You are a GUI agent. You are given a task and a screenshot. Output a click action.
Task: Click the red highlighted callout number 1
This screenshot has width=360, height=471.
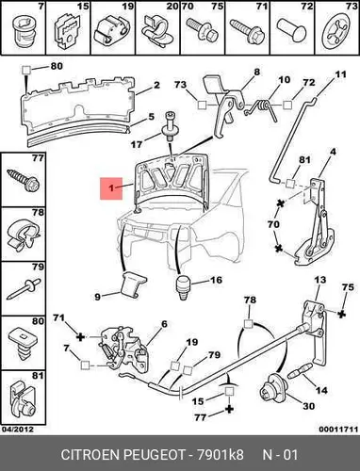click(111, 188)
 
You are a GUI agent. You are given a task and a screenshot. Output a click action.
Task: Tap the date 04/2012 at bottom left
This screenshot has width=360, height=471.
click(18, 429)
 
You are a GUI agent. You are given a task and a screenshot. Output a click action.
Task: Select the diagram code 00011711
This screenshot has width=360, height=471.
click(338, 429)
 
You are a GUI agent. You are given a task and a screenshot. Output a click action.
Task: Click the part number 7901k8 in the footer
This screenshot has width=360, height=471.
click(220, 454)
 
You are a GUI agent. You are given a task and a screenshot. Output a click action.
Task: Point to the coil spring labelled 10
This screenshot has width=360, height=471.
click(262, 108)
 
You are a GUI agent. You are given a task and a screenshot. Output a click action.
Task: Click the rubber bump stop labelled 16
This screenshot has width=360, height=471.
click(183, 287)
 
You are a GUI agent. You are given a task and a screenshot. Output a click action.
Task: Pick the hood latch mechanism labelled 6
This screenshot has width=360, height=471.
click(124, 348)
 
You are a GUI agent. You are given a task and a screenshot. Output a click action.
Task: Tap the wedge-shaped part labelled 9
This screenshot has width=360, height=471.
click(133, 284)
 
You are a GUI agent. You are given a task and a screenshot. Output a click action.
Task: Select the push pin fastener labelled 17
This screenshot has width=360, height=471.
click(170, 127)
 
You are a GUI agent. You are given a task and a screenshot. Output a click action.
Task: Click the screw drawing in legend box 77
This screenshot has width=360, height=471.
click(24, 180)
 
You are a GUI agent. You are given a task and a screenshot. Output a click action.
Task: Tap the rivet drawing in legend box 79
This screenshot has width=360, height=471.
click(24, 289)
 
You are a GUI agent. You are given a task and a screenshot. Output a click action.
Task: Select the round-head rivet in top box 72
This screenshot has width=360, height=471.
click(291, 30)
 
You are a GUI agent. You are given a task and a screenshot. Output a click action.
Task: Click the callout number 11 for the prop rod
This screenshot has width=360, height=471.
click(340, 74)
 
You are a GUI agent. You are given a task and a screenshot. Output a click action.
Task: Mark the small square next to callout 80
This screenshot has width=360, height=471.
click(26, 70)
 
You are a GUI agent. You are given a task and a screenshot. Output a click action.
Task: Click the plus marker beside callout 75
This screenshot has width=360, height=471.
click(342, 314)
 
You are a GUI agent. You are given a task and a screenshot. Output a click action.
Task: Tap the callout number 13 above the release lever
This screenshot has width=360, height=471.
click(320, 280)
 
